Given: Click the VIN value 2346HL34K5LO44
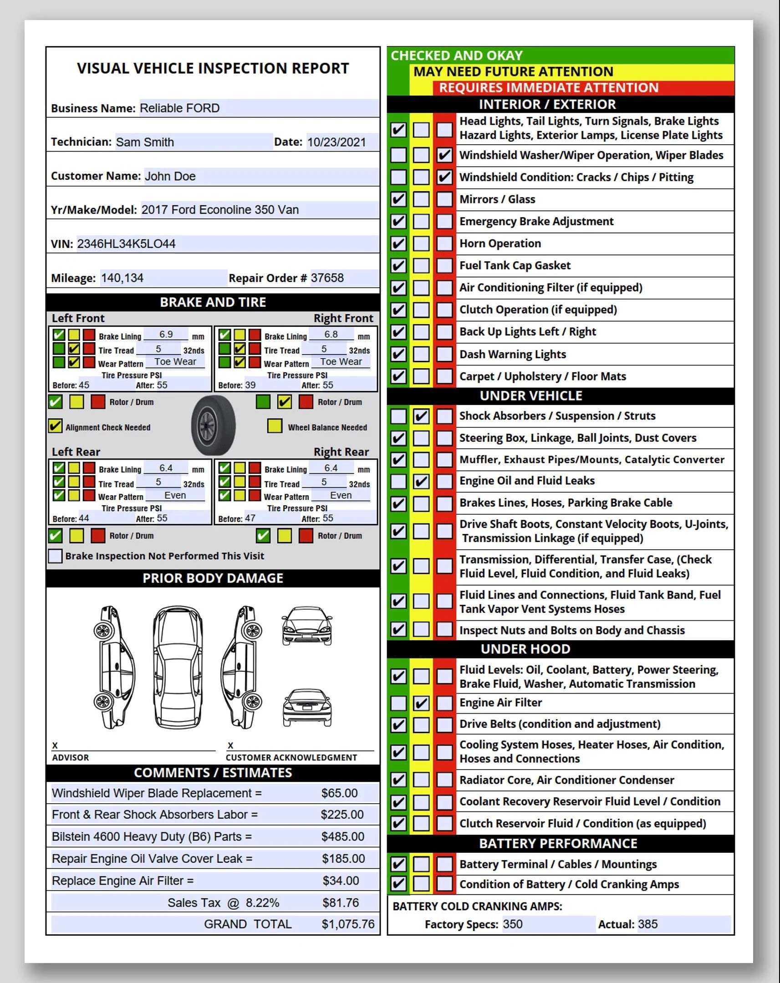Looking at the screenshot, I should [x=126, y=244].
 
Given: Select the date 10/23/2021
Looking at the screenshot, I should [x=336, y=142].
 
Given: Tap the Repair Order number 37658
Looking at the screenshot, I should [x=327, y=278].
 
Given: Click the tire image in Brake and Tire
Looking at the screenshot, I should [x=214, y=425].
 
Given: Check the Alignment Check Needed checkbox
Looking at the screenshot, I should [x=55, y=426].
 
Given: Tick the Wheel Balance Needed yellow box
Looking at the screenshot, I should [x=275, y=426].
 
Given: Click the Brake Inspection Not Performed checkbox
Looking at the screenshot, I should [x=55, y=556].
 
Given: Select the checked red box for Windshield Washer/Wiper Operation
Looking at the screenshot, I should [x=444, y=155].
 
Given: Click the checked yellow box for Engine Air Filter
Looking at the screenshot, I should [x=421, y=703].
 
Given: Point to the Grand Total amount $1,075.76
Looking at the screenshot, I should [x=347, y=924].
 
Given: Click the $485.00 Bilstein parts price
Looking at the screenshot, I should [x=342, y=836].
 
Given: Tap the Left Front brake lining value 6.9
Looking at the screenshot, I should [x=166, y=334].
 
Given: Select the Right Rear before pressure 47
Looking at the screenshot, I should [x=250, y=518].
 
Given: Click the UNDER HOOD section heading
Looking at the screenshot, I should [x=525, y=649].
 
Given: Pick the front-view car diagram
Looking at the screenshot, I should [x=307, y=627].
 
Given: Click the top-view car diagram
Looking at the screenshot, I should [x=178, y=667].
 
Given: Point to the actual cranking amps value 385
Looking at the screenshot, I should [x=647, y=924].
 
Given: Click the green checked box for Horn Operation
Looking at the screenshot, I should [x=398, y=243].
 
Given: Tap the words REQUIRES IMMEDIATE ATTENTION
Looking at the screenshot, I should [x=548, y=87].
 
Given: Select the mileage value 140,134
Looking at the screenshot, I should [x=122, y=278].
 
